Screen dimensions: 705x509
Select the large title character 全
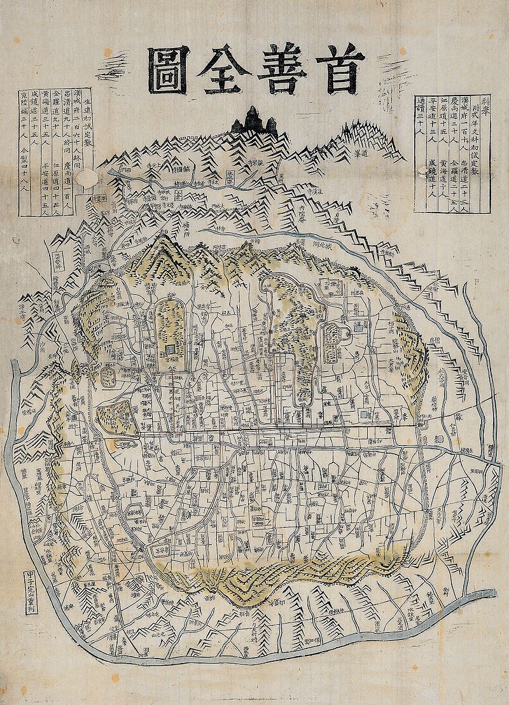coord(223,69)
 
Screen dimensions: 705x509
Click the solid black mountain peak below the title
coord(254,121)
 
